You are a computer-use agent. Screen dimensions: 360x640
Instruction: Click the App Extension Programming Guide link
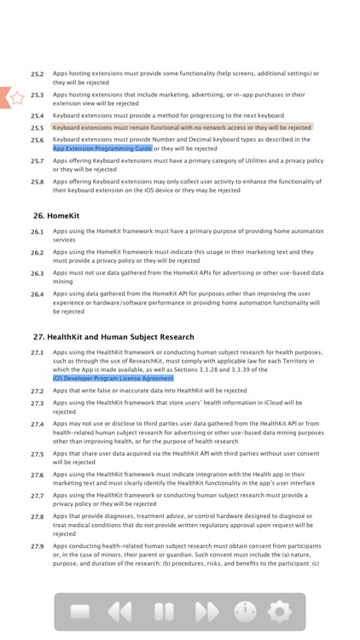tap(102, 148)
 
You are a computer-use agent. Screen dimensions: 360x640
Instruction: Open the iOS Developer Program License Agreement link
tap(113, 378)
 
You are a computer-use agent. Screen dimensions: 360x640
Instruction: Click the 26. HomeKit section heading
tap(55, 216)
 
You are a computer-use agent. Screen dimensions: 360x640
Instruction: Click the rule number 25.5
tap(38, 128)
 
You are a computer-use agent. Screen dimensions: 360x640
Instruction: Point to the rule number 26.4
tap(38, 294)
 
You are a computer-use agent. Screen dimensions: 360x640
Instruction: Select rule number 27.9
tap(38, 546)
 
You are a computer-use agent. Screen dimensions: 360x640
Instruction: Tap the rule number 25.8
tap(38, 182)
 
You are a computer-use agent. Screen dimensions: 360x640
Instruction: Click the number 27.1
tap(38, 352)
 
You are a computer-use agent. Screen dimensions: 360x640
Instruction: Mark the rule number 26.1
tap(38, 232)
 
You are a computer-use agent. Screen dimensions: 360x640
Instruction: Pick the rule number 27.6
tap(38, 475)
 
